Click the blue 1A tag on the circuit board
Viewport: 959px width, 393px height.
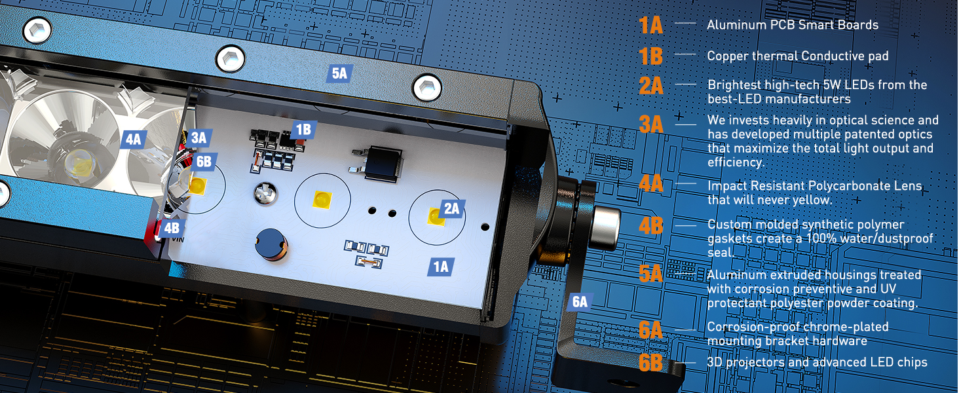tap(441, 266)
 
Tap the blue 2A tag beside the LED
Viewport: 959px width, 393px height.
tap(451, 208)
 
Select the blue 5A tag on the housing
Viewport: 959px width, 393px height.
tap(339, 73)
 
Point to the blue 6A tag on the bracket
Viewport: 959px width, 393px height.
tap(580, 301)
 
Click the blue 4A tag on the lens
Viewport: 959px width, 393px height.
tap(133, 139)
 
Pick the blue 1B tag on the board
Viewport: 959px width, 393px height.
tap(303, 130)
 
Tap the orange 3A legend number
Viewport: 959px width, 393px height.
tap(651, 123)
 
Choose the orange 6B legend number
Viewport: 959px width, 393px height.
tap(651, 362)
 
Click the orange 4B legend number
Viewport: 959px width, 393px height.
tap(651, 226)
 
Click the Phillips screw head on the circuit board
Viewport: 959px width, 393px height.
tap(264, 193)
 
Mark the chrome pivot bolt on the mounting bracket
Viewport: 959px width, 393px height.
tap(604, 225)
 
